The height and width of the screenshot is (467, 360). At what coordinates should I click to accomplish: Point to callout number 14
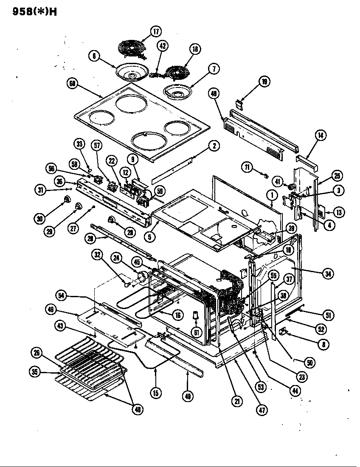pyautogui.click(x=321, y=136)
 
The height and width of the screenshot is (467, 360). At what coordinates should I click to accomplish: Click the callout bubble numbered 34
pyautogui.click(x=327, y=274)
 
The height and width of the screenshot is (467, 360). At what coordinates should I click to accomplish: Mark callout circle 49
pyautogui.click(x=187, y=396)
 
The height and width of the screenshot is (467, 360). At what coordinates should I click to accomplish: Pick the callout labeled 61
pyautogui.click(x=196, y=332)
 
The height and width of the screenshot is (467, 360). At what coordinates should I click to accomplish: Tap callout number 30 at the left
pyautogui.click(x=39, y=219)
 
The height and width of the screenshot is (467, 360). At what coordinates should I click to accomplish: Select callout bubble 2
pyautogui.click(x=214, y=146)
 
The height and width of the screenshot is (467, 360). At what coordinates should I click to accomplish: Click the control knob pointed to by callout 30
pyautogui.click(x=67, y=200)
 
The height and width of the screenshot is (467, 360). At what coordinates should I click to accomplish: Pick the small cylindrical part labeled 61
pyautogui.click(x=196, y=315)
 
